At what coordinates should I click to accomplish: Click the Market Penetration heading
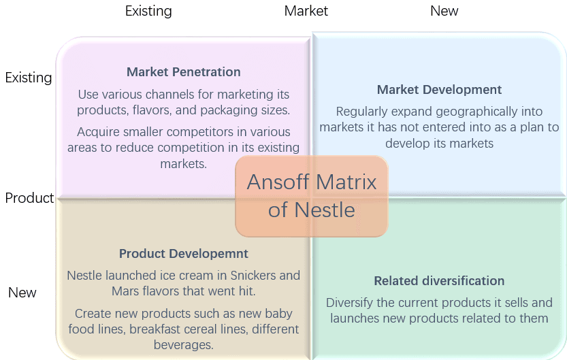(183, 72)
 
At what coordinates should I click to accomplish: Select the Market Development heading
(439, 90)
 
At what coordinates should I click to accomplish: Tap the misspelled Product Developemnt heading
(183, 254)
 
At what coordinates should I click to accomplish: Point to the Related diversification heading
(439, 281)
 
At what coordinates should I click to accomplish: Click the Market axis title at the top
(306, 11)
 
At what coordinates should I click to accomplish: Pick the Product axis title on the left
(29, 198)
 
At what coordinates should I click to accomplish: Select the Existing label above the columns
(148, 11)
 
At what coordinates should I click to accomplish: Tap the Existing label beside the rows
(29, 78)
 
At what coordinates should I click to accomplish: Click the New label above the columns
(444, 11)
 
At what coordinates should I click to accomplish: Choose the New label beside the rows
(22, 293)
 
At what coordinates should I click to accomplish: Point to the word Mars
(124, 291)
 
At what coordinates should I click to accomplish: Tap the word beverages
(183, 345)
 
